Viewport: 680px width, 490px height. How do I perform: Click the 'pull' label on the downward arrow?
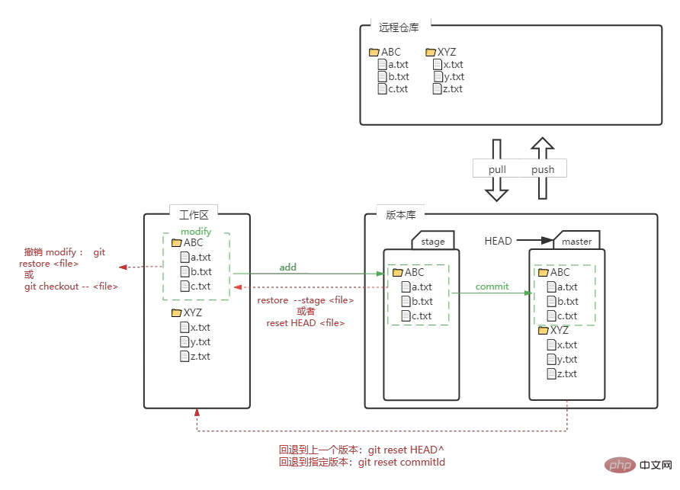click(x=497, y=169)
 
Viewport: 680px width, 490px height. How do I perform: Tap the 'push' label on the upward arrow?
click(x=543, y=169)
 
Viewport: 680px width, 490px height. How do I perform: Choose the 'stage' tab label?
click(x=433, y=242)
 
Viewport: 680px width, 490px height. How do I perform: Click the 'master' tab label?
click(x=576, y=242)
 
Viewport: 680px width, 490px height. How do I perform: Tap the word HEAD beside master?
click(x=499, y=241)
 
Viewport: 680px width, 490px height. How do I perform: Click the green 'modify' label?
click(x=196, y=231)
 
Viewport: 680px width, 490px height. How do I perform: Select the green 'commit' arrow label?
click(x=492, y=287)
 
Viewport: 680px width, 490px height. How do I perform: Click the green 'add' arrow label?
click(x=288, y=267)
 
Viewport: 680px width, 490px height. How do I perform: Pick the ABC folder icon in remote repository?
click(x=374, y=53)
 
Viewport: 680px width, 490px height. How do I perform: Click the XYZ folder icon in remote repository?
click(x=431, y=53)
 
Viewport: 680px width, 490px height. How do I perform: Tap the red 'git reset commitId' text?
click(x=401, y=463)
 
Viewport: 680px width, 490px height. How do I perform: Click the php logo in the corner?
click(x=621, y=464)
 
